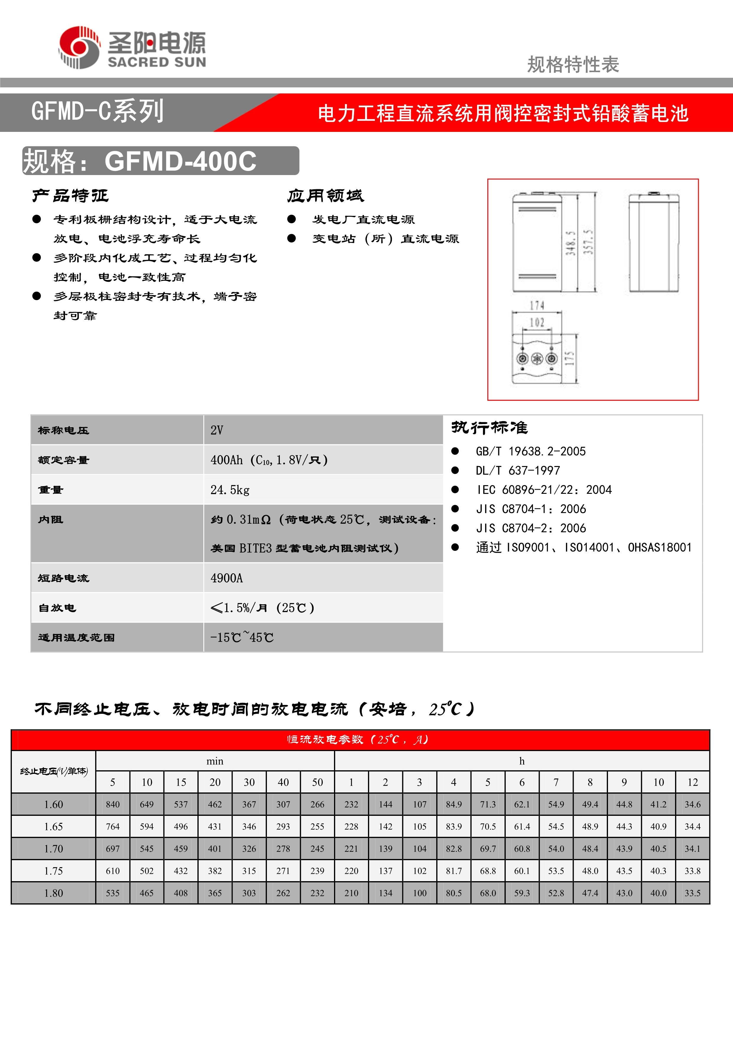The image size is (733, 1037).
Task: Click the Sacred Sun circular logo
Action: tap(79, 47)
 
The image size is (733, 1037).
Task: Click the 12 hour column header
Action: tap(693, 782)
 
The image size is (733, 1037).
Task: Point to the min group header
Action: tap(215, 761)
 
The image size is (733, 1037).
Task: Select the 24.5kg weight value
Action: tap(230, 490)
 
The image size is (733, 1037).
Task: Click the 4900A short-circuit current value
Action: tap(227, 578)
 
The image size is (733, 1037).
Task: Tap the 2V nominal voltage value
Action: tap(217, 430)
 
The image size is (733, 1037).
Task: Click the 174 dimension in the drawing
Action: tap(537, 305)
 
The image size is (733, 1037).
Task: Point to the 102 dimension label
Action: tap(537, 323)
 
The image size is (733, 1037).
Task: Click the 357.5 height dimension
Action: tap(588, 242)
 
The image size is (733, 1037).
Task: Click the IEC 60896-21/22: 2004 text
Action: tap(544, 490)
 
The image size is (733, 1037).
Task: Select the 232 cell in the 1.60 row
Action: tap(351, 804)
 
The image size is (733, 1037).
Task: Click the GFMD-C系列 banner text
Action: tap(97, 111)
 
